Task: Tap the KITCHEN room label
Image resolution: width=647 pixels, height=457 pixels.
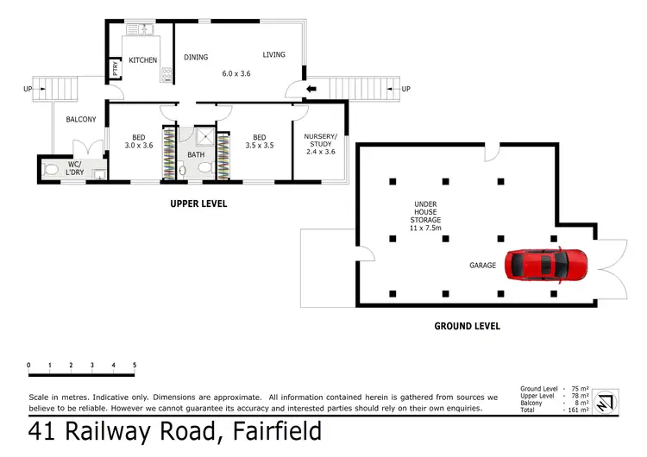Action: (143, 60)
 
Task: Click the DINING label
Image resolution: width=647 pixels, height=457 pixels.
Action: (196, 58)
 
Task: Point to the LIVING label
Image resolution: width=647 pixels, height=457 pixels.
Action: (273, 55)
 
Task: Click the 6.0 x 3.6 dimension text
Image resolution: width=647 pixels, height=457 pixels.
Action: (235, 73)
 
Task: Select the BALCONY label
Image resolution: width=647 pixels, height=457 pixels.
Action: (79, 119)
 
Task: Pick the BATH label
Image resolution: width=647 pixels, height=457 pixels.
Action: (197, 155)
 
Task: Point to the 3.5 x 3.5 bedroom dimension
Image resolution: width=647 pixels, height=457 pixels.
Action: (259, 146)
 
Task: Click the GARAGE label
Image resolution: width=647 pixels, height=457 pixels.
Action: (482, 266)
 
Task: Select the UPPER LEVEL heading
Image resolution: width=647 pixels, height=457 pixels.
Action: (198, 204)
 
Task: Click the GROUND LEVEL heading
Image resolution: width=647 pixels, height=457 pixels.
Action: (467, 326)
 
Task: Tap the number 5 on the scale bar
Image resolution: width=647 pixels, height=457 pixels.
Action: (135, 366)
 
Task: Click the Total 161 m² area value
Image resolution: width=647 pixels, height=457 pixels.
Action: (577, 410)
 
